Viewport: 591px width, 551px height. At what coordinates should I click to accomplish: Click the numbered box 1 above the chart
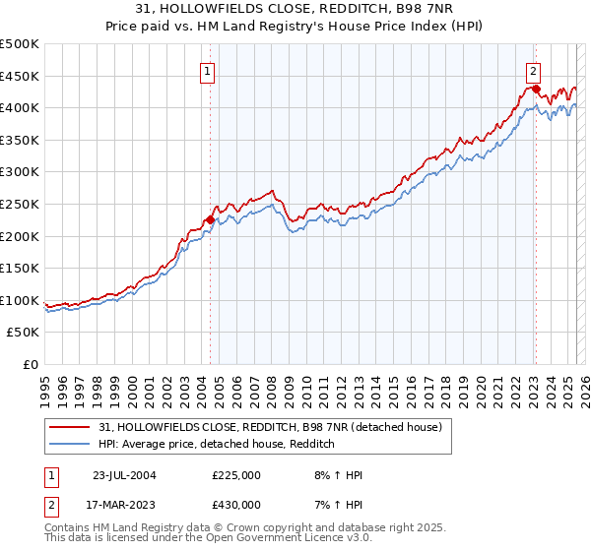coord(209,70)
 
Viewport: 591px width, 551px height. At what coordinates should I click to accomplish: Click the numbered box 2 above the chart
coord(532,70)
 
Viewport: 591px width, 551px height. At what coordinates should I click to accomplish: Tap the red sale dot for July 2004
coord(210,220)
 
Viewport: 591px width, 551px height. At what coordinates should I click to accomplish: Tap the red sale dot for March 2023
coord(536,89)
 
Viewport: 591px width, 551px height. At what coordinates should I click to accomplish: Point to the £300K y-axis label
coord(20,171)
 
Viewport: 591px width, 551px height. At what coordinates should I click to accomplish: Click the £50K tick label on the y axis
coord(24,333)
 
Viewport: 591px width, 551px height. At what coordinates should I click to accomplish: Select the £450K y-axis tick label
coord(20,76)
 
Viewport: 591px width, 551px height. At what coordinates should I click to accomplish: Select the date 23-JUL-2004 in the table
coord(124,475)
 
